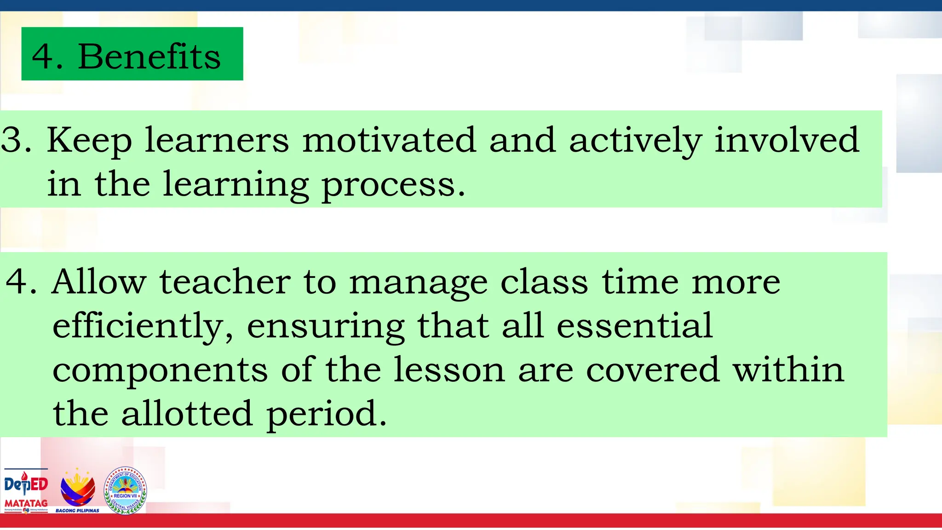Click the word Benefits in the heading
pos(149,56)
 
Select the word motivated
pos(389,140)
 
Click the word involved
pos(786,140)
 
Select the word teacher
pos(225,281)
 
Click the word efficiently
pos(143,326)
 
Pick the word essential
pos(635,326)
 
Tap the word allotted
pos(187,413)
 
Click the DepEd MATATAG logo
pos(26,490)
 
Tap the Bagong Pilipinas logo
pos(78,490)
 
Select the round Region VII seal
pos(125,490)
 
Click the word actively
pos(635,141)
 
